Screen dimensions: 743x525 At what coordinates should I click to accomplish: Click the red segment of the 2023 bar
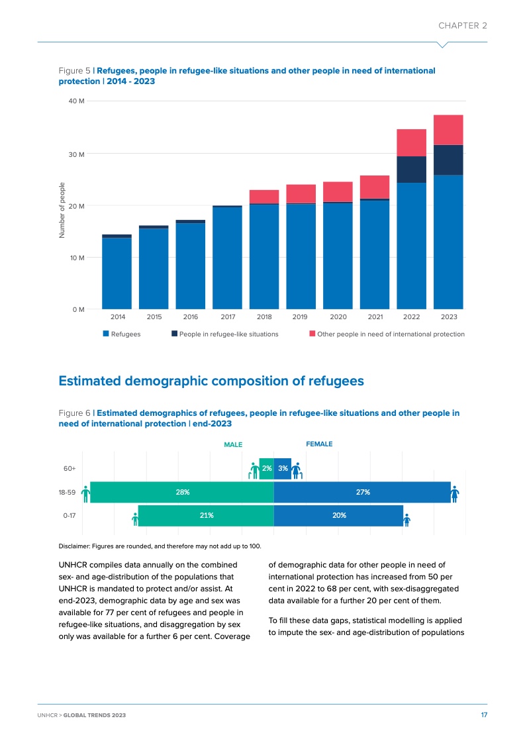448,130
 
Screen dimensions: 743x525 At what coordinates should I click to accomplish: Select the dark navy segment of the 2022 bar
411,170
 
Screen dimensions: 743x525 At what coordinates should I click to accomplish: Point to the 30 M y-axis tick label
77,154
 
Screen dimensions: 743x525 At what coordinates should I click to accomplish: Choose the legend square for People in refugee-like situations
174,334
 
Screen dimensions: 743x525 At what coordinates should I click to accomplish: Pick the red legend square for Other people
312,334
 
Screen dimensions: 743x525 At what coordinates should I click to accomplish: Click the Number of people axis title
62,210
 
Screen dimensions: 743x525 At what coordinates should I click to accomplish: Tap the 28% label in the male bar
183,492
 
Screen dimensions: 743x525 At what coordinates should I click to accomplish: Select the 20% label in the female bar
339,515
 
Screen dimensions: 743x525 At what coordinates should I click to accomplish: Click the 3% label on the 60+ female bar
282,469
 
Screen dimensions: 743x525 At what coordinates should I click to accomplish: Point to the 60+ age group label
69,469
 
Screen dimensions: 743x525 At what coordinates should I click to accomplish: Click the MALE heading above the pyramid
233,445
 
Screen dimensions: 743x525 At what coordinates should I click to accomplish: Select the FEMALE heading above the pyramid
318,444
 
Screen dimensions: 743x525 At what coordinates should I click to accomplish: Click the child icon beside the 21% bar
134,517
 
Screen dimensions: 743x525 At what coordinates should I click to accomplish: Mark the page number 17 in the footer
484,715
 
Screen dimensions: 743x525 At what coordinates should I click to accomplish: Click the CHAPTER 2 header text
463,25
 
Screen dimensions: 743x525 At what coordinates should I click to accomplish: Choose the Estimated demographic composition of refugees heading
211,381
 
